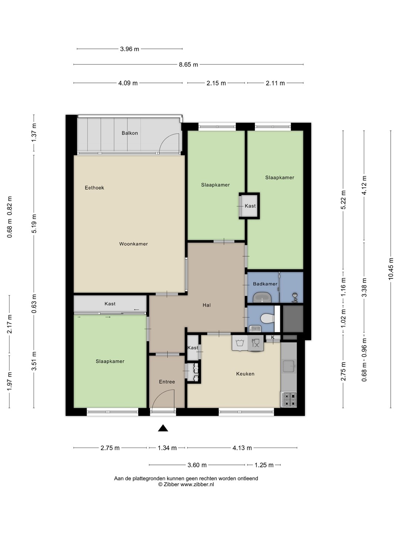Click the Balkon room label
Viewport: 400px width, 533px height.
pyautogui.click(x=130, y=133)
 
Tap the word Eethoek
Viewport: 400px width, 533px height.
pyautogui.click(x=94, y=188)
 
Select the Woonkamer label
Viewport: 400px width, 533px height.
pyautogui.click(x=133, y=244)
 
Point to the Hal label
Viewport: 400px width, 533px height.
pyautogui.click(x=207, y=305)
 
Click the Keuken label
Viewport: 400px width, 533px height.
pyautogui.click(x=245, y=374)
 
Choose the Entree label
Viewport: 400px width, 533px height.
pyautogui.click(x=167, y=382)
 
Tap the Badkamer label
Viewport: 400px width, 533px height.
pyautogui.click(x=265, y=284)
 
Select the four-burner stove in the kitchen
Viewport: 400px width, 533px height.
pyautogui.click(x=289, y=400)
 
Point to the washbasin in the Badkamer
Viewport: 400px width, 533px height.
pyautogui.click(x=262, y=297)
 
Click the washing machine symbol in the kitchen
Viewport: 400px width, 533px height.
pyautogui.click(x=240, y=343)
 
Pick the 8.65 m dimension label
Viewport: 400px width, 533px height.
pyautogui.click(x=189, y=65)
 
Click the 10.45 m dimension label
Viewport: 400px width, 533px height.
pyautogui.click(x=391, y=269)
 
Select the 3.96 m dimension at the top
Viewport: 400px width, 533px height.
pyautogui.click(x=130, y=49)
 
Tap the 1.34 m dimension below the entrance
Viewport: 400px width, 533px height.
pyautogui.click(x=167, y=448)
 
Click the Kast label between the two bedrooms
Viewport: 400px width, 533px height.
pyautogui.click(x=250, y=206)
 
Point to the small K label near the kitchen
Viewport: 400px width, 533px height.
pyautogui.click(x=273, y=337)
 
